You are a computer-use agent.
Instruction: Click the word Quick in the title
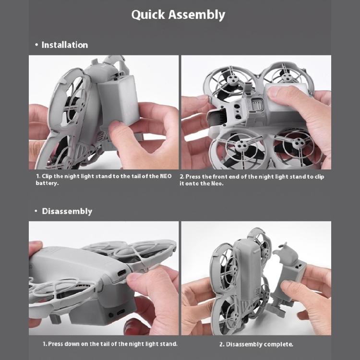(x=148, y=15)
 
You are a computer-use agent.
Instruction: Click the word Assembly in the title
(x=196, y=15)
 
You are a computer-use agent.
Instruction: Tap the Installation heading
(x=65, y=45)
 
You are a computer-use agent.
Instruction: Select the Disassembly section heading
(x=67, y=212)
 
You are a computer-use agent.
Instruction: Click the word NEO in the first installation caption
(x=166, y=176)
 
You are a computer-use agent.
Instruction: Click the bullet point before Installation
(x=36, y=45)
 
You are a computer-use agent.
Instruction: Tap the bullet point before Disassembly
(x=36, y=211)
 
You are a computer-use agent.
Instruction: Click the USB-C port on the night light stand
(x=121, y=312)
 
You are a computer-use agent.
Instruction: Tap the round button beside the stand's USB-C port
(x=111, y=315)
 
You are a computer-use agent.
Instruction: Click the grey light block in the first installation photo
(x=119, y=101)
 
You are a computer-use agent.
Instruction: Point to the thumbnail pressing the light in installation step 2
(x=276, y=91)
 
